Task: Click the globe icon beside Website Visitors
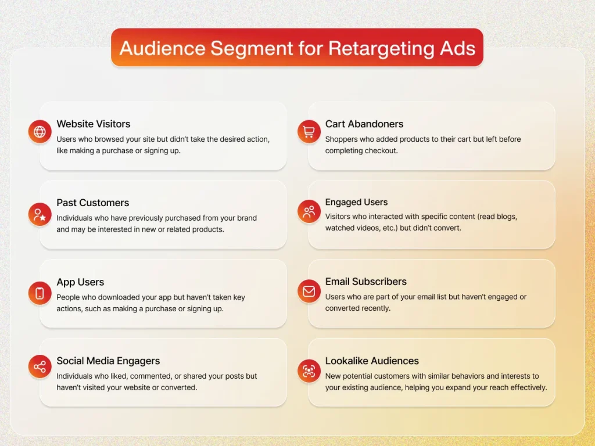(x=40, y=132)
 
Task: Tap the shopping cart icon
(x=309, y=132)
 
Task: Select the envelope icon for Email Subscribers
(x=309, y=291)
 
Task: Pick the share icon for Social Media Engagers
(x=40, y=366)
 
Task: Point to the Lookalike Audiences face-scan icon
(x=309, y=371)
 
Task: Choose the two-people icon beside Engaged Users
(x=309, y=211)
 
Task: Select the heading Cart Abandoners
(x=364, y=124)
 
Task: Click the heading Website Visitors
(x=93, y=124)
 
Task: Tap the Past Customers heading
(x=92, y=203)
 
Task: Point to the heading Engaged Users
(x=356, y=202)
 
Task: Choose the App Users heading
(x=80, y=282)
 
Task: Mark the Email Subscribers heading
(x=365, y=282)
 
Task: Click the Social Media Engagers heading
(x=108, y=361)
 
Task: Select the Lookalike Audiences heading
(x=372, y=361)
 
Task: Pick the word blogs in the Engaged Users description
(x=507, y=217)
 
